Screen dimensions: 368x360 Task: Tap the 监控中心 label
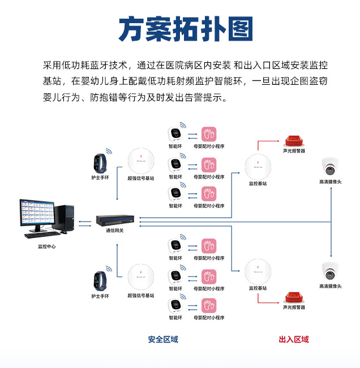[x=47, y=246]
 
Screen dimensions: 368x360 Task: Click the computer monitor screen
[x=38, y=213]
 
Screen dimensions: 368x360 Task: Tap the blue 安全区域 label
[x=163, y=339]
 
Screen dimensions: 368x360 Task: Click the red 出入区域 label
[x=294, y=339]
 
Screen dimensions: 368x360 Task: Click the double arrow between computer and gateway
[x=84, y=223]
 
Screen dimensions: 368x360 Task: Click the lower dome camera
[x=330, y=271]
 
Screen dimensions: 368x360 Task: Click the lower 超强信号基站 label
[x=140, y=296]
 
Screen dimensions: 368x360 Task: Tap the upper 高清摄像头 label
[x=331, y=182]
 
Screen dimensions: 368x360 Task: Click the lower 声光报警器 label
[x=294, y=308]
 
